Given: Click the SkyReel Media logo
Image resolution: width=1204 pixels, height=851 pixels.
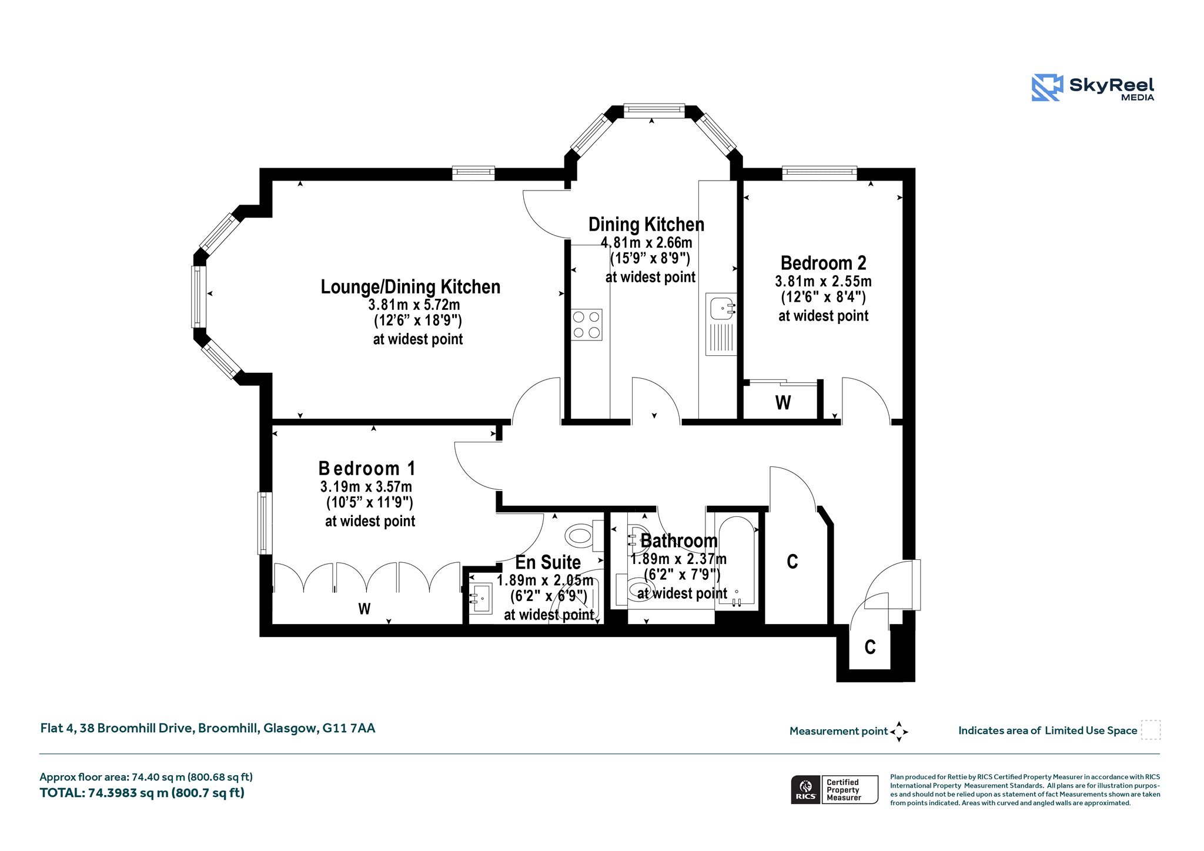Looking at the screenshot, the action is (x=1093, y=88).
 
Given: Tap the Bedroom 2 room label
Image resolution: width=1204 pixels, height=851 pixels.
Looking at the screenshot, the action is (x=823, y=263).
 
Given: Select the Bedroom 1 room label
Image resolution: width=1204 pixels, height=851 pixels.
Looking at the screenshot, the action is (x=367, y=468).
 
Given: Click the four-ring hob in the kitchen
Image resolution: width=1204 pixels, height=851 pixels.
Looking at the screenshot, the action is (x=587, y=325).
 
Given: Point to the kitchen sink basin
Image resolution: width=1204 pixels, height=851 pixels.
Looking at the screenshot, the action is (x=721, y=307).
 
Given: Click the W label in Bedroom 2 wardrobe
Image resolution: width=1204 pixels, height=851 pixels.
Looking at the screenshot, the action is (x=783, y=403).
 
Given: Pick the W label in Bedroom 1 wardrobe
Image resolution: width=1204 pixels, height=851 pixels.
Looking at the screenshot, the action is (x=364, y=609).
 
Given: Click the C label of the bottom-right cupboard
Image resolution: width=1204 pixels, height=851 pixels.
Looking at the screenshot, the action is (x=870, y=648).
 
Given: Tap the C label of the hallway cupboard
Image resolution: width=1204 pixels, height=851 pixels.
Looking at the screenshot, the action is (x=792, y=562).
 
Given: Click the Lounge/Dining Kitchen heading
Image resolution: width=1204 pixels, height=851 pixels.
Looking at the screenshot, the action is (x=410, y=287).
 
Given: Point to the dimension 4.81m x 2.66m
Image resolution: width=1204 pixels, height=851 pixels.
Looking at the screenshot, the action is (x=647, y=242).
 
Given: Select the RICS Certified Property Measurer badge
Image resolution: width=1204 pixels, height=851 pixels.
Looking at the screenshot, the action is (x=834, y=789).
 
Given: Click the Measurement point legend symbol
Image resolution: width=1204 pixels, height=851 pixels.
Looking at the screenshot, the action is (x=899, y=732).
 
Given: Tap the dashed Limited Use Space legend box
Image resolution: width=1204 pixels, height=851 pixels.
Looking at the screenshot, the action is (x=1151, y=730).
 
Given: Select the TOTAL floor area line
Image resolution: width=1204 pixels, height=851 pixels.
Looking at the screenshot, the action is (x=142, y=793).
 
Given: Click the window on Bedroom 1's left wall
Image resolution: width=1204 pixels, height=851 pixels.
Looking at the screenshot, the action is (x=265, y=523).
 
